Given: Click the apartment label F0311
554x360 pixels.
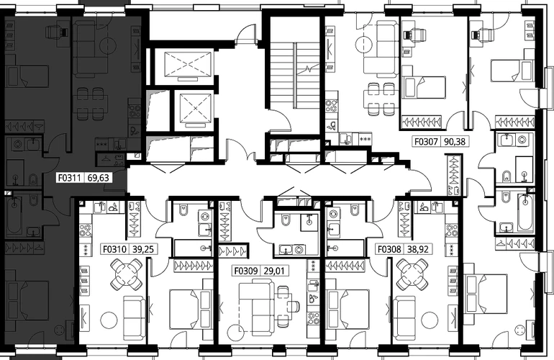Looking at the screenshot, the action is click(x=71, y=178).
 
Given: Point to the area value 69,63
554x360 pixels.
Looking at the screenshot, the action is click(x=99, y=178).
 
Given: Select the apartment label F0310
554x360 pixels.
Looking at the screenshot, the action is click(x=115, y=249).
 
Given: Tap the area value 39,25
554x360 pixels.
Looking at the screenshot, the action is click(x=143, y=249).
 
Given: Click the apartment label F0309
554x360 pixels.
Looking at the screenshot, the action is click(x=246, y=271).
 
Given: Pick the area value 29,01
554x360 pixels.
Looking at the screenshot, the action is click(x=274, y=271).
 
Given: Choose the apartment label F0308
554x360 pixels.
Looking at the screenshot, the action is click(x=389, y=249).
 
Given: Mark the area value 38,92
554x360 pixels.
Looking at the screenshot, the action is click(x=417, y=249).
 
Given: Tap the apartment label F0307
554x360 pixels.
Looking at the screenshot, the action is click(x=427, y=142).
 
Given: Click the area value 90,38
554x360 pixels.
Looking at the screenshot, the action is click(x=455, y=142).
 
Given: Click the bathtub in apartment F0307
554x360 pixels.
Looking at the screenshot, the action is click(x=525, y=212).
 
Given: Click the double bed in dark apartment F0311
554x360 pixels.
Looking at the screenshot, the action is click(x=27, y=300).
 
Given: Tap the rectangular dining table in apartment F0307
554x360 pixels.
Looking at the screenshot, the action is click(x=379, y=99).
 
